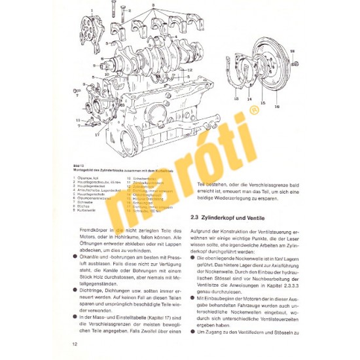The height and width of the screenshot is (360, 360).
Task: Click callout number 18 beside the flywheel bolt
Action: click(x=293, y=50)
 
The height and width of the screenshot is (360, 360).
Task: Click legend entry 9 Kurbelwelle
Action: click(x=85, y=211)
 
